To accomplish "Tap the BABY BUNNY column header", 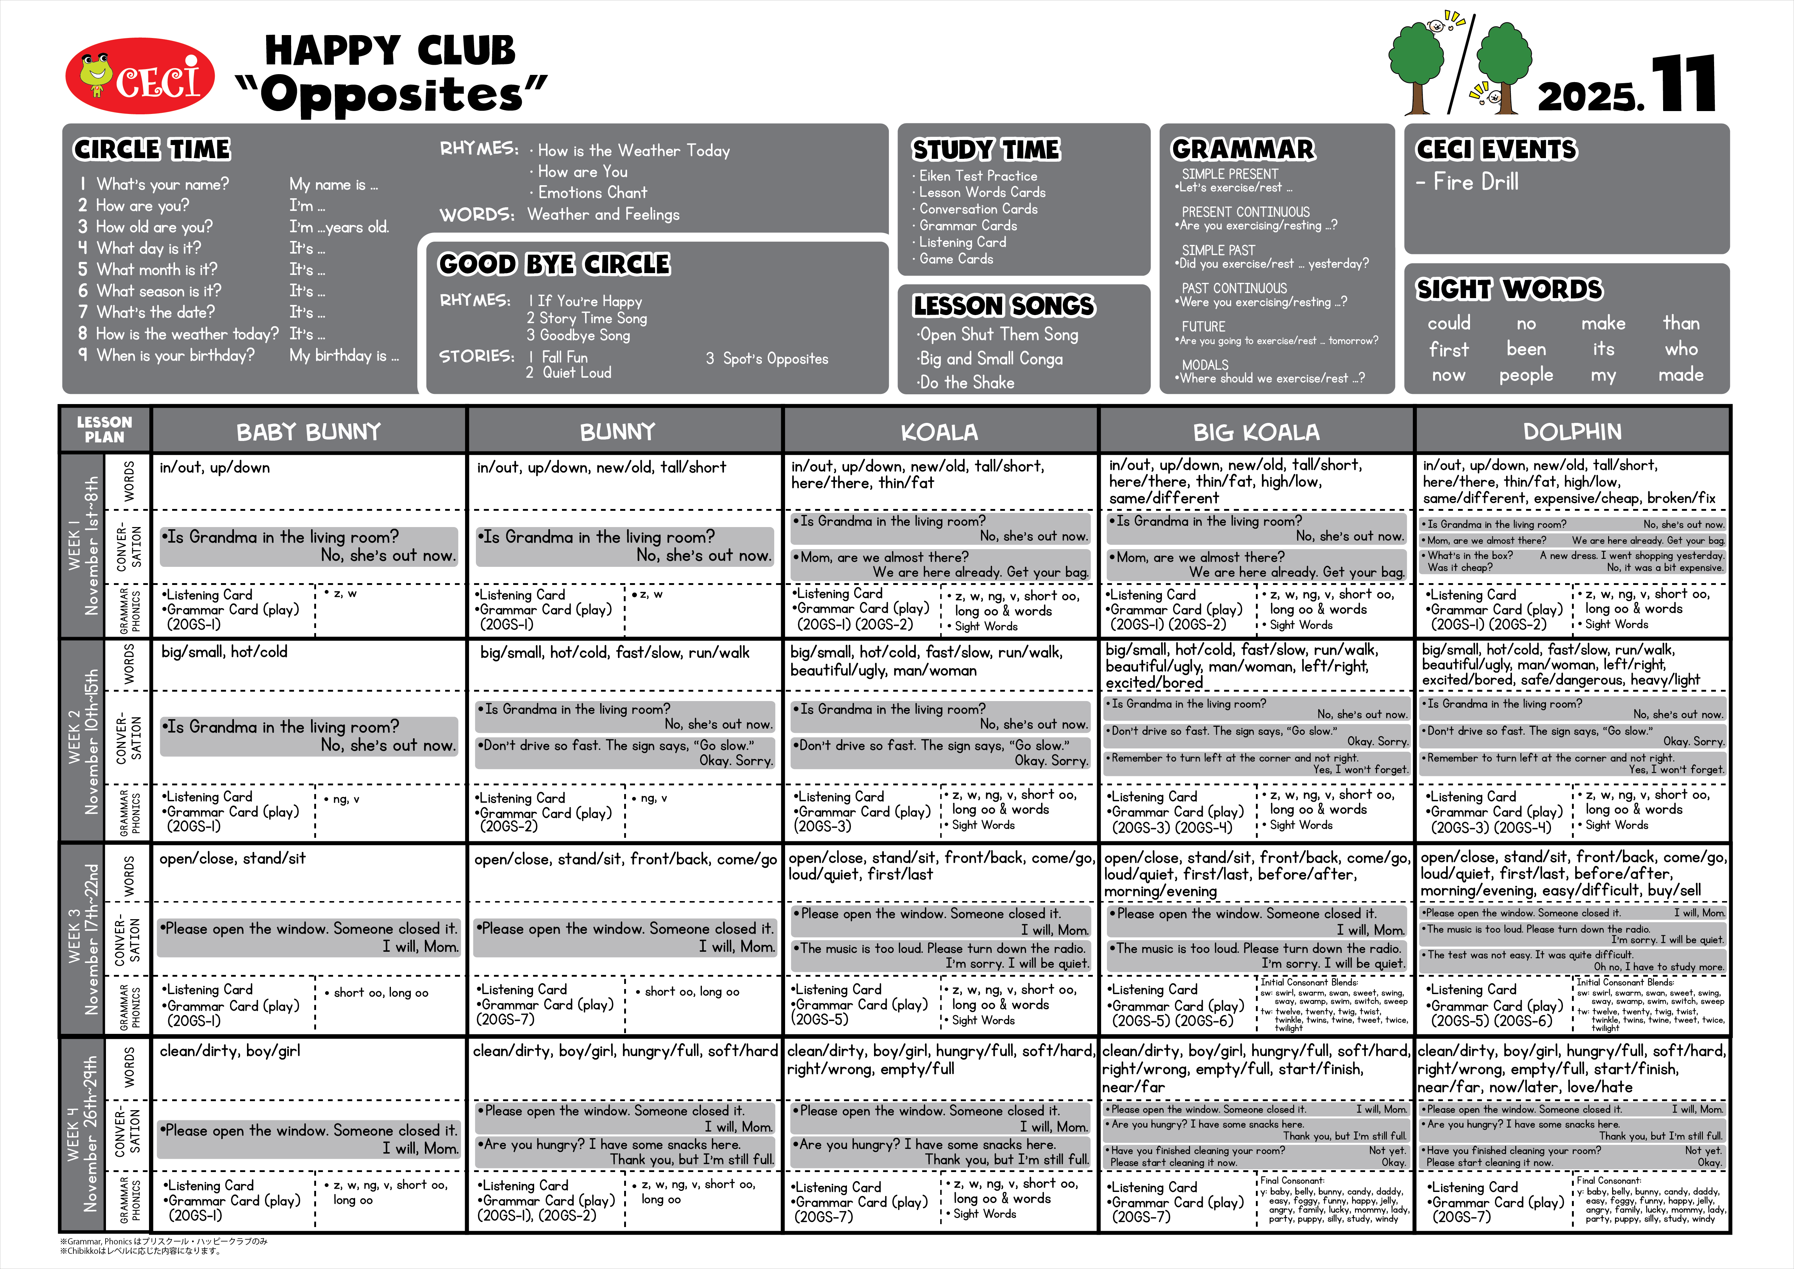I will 308,432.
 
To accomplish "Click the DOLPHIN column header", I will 1572,432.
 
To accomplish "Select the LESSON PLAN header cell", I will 105,430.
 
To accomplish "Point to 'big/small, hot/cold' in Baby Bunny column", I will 224,652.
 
